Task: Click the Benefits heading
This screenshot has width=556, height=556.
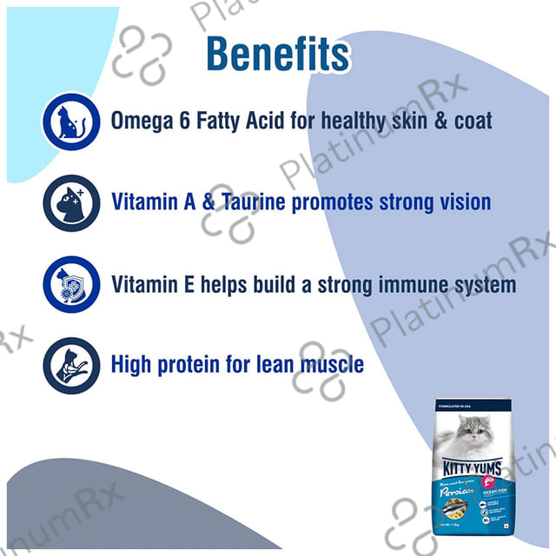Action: [x=277, y=54]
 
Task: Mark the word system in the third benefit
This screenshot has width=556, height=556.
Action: [x=482, y=284]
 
